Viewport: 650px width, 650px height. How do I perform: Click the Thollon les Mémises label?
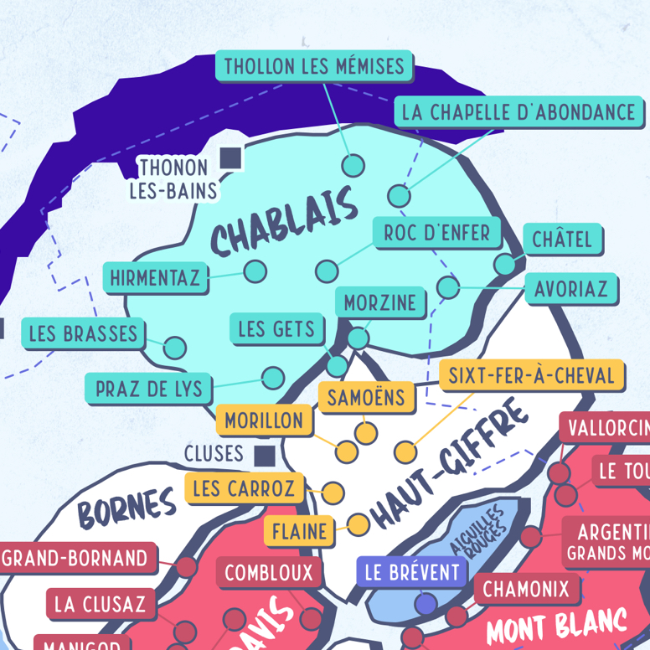click(x=314, y=65)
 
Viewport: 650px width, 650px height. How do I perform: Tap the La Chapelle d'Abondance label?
click(x=518, y=111)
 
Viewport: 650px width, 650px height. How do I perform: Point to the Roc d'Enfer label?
click(x=437, y=232)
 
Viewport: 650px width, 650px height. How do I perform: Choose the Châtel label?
click(x=562, y=240)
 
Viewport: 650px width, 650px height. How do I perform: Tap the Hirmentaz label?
click(x=156, y=277)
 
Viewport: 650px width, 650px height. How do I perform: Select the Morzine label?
click(x=380, y=302)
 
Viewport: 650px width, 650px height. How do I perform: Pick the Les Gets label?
click(x=276, y=328)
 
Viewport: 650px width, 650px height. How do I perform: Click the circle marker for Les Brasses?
click(x=175, y=347)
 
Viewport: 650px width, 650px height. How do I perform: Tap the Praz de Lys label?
click(x=149, y=389)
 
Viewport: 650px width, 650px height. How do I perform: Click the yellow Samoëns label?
click(x=366, y=397)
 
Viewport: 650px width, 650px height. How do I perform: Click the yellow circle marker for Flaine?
click(x=359, y=524)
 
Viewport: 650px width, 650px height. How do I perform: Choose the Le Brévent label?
click(x=413, y=573)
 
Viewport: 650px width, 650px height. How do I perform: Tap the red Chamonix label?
click(x=526, y=588)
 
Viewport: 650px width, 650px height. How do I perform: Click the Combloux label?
click(x=269, y=573)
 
